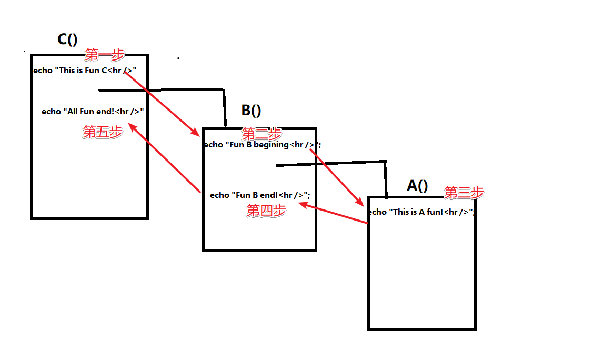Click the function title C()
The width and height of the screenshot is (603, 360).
[67, 39]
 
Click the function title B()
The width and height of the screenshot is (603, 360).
[251, 111]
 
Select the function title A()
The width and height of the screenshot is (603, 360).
[417, 185]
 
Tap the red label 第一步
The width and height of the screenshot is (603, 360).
[105, 54]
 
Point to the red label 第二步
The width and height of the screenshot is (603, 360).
[261, 134]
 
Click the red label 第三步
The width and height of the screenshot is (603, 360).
[464, 193]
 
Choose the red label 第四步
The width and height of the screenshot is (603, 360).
[267, 211]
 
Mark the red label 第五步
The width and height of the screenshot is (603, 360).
[103, 132]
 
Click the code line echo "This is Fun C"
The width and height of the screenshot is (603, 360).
[85, 71]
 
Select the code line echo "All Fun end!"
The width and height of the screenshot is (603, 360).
[93, 112]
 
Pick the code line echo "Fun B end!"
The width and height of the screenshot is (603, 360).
[260, 195]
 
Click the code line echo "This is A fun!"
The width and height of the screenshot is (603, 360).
[421, 212]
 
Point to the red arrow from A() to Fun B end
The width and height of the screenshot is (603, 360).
[333, 214]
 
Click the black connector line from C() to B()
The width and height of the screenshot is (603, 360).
[174, 90]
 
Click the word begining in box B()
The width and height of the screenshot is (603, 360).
[271, 145]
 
